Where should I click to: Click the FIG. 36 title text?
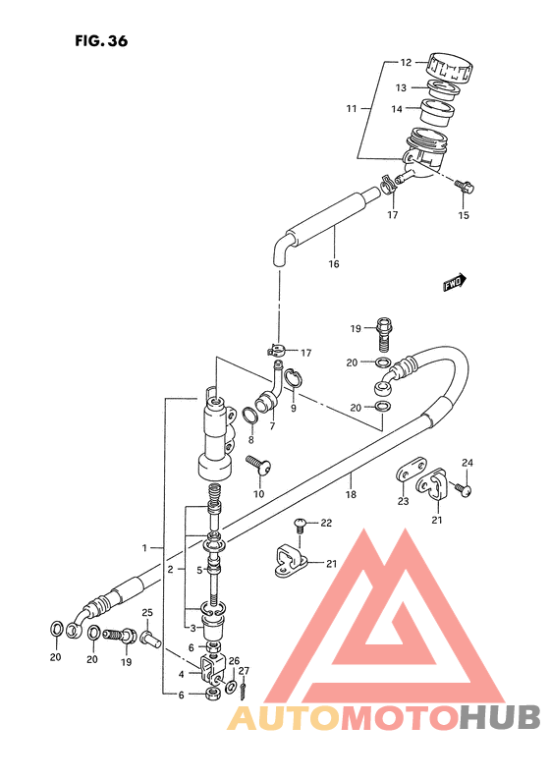[101, 41]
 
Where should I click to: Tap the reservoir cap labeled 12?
[449, 67]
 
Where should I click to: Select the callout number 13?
[401, 88]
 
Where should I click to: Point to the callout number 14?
[397, 109]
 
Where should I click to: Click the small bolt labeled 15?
[465, 186]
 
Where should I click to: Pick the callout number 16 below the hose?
[334, 263]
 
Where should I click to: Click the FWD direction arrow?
[455, 282]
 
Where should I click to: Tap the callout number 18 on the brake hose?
[351, 494]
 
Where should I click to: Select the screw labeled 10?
[259, 464]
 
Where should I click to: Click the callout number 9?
[294, 409]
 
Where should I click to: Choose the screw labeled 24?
[463, 489]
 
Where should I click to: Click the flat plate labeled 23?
[412, 470]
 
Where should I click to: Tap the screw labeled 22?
[300, 525]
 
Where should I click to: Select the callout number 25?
[147, 612]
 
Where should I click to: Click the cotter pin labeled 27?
[244, 689]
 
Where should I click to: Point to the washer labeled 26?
[232, 688]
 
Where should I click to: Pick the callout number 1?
[144, 548]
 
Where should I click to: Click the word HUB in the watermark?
[499, 718]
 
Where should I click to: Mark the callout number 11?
[352, 108]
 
